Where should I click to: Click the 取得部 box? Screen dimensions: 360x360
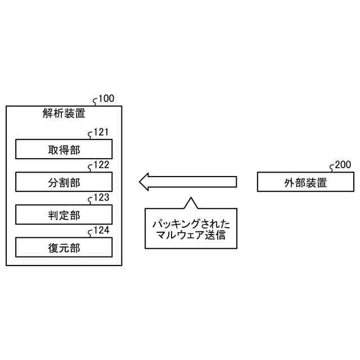(64, 149)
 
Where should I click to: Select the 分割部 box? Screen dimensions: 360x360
(64, 182)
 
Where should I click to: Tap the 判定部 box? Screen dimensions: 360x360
(64, 214)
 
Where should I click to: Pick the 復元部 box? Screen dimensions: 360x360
(64, 247)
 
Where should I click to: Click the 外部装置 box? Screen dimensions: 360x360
(305, 182)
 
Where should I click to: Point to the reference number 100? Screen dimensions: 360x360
(106, 99)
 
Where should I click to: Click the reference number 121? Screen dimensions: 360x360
(101, 133)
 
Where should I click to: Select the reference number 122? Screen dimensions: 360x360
(101, 165)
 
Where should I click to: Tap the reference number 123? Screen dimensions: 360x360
(101, 198)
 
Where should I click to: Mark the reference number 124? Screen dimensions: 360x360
(101, 231)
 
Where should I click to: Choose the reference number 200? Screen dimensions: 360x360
(343, 165)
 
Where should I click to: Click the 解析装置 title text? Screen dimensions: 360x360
(64, 113)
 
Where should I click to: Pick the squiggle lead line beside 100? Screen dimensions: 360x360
(95, 102)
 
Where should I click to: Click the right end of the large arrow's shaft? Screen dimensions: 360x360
(235, 182)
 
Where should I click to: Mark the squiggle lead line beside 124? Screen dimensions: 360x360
(91, 233)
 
